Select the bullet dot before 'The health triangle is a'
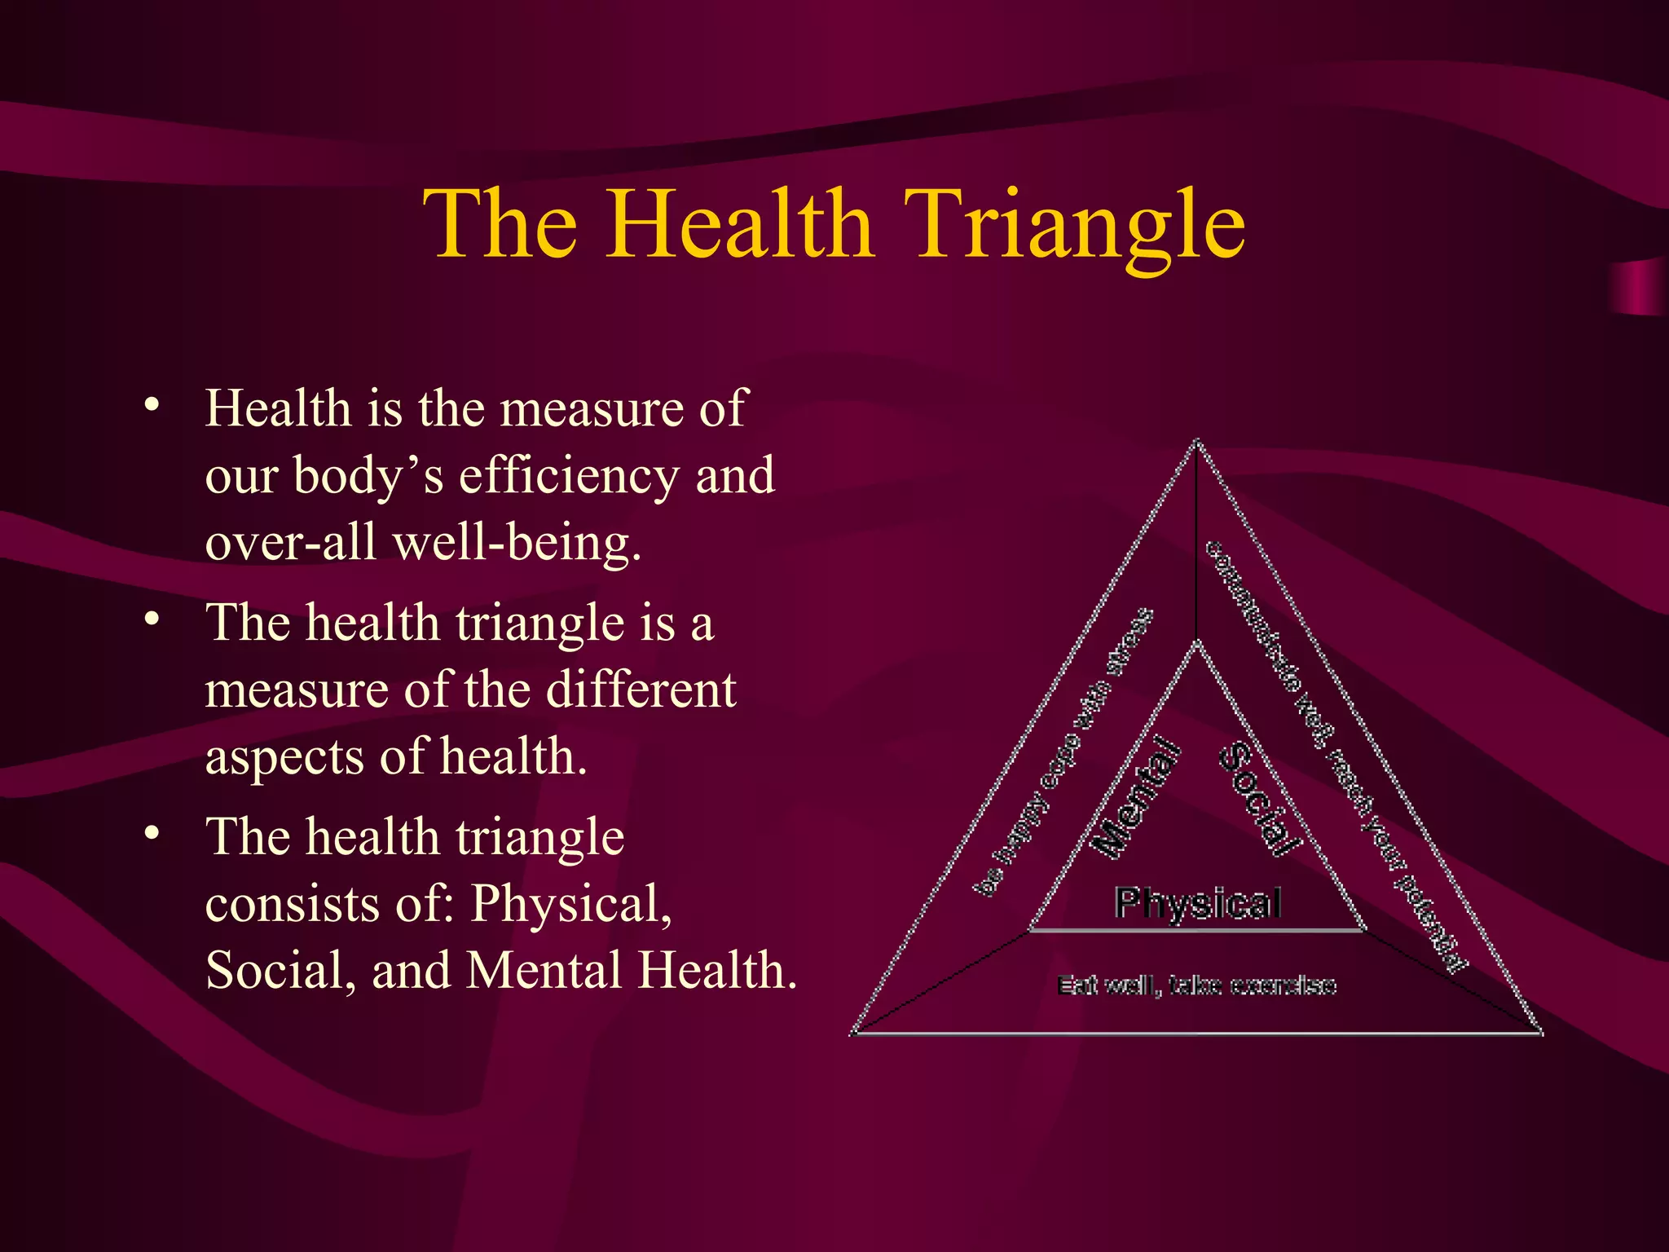point(151,619)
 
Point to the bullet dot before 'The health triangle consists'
point(151,834)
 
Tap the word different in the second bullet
point(641,690)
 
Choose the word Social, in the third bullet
point(281,971)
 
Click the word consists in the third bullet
point(293,904)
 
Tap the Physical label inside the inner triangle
point(1198,904)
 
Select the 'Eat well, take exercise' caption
point(1196,985)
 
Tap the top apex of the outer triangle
point(1196,442)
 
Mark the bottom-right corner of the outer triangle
point(1540,1033)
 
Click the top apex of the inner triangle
point(1196,644)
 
